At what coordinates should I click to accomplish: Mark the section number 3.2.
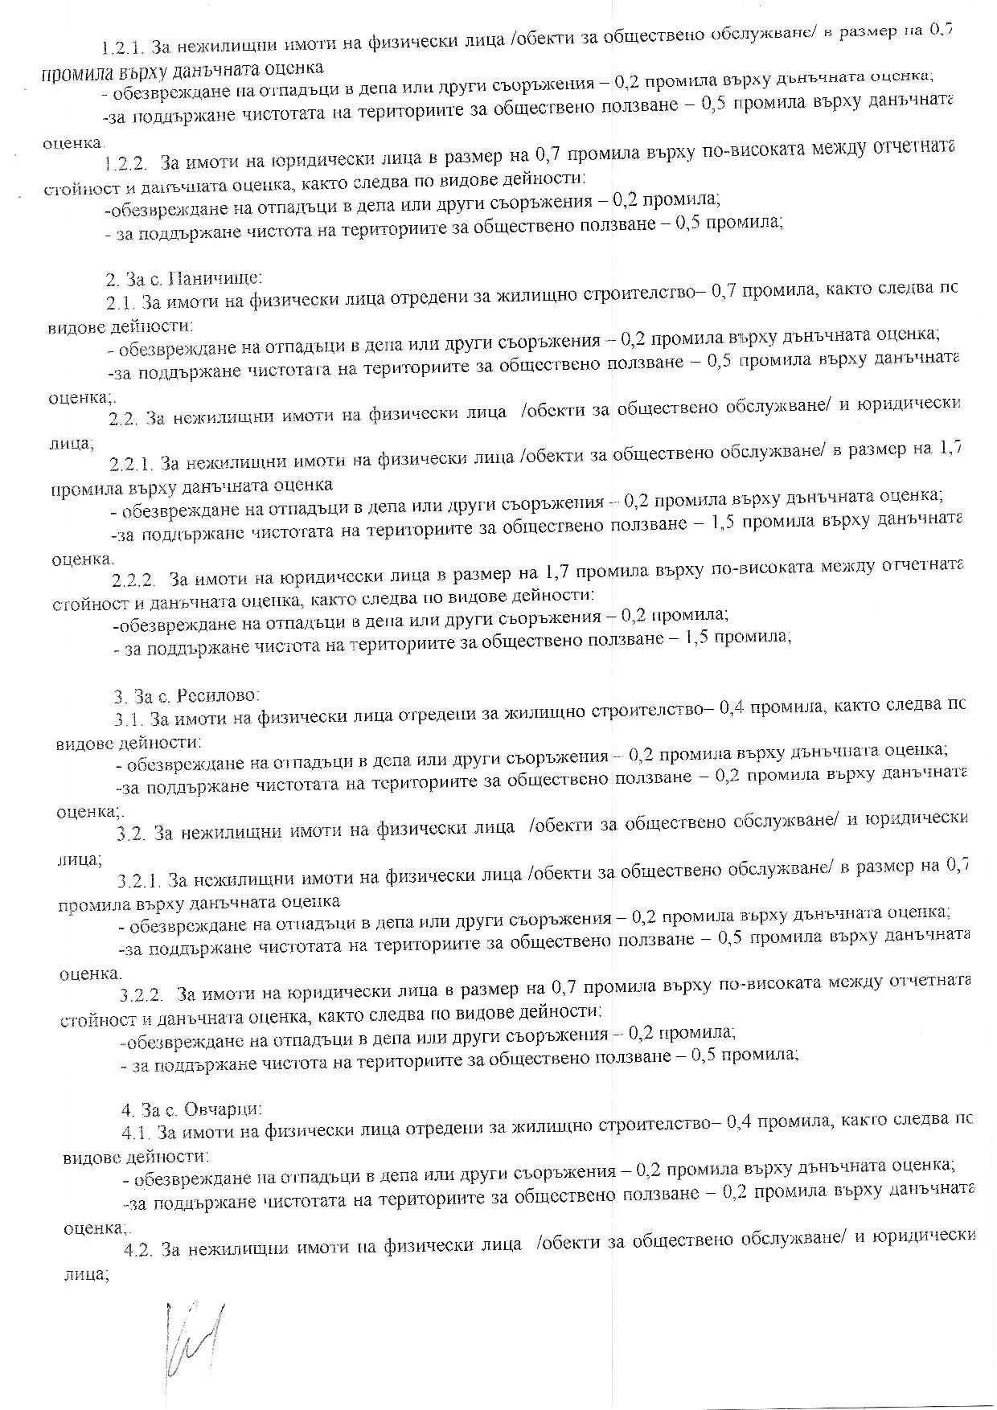[x=130, y=834]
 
